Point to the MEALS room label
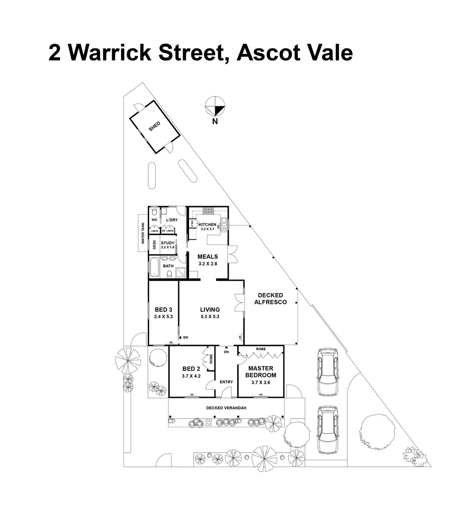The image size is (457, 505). [207, 256]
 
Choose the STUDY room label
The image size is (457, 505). [167, 243]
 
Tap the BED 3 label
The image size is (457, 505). [164, 310]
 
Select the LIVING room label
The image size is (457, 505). [210, 310]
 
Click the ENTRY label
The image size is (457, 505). [226, 382]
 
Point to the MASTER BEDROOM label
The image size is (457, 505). [261, 372]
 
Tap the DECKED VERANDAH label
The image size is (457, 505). [226, 408]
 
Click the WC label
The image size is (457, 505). [154, 220]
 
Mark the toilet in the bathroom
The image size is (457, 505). [169, 273]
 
